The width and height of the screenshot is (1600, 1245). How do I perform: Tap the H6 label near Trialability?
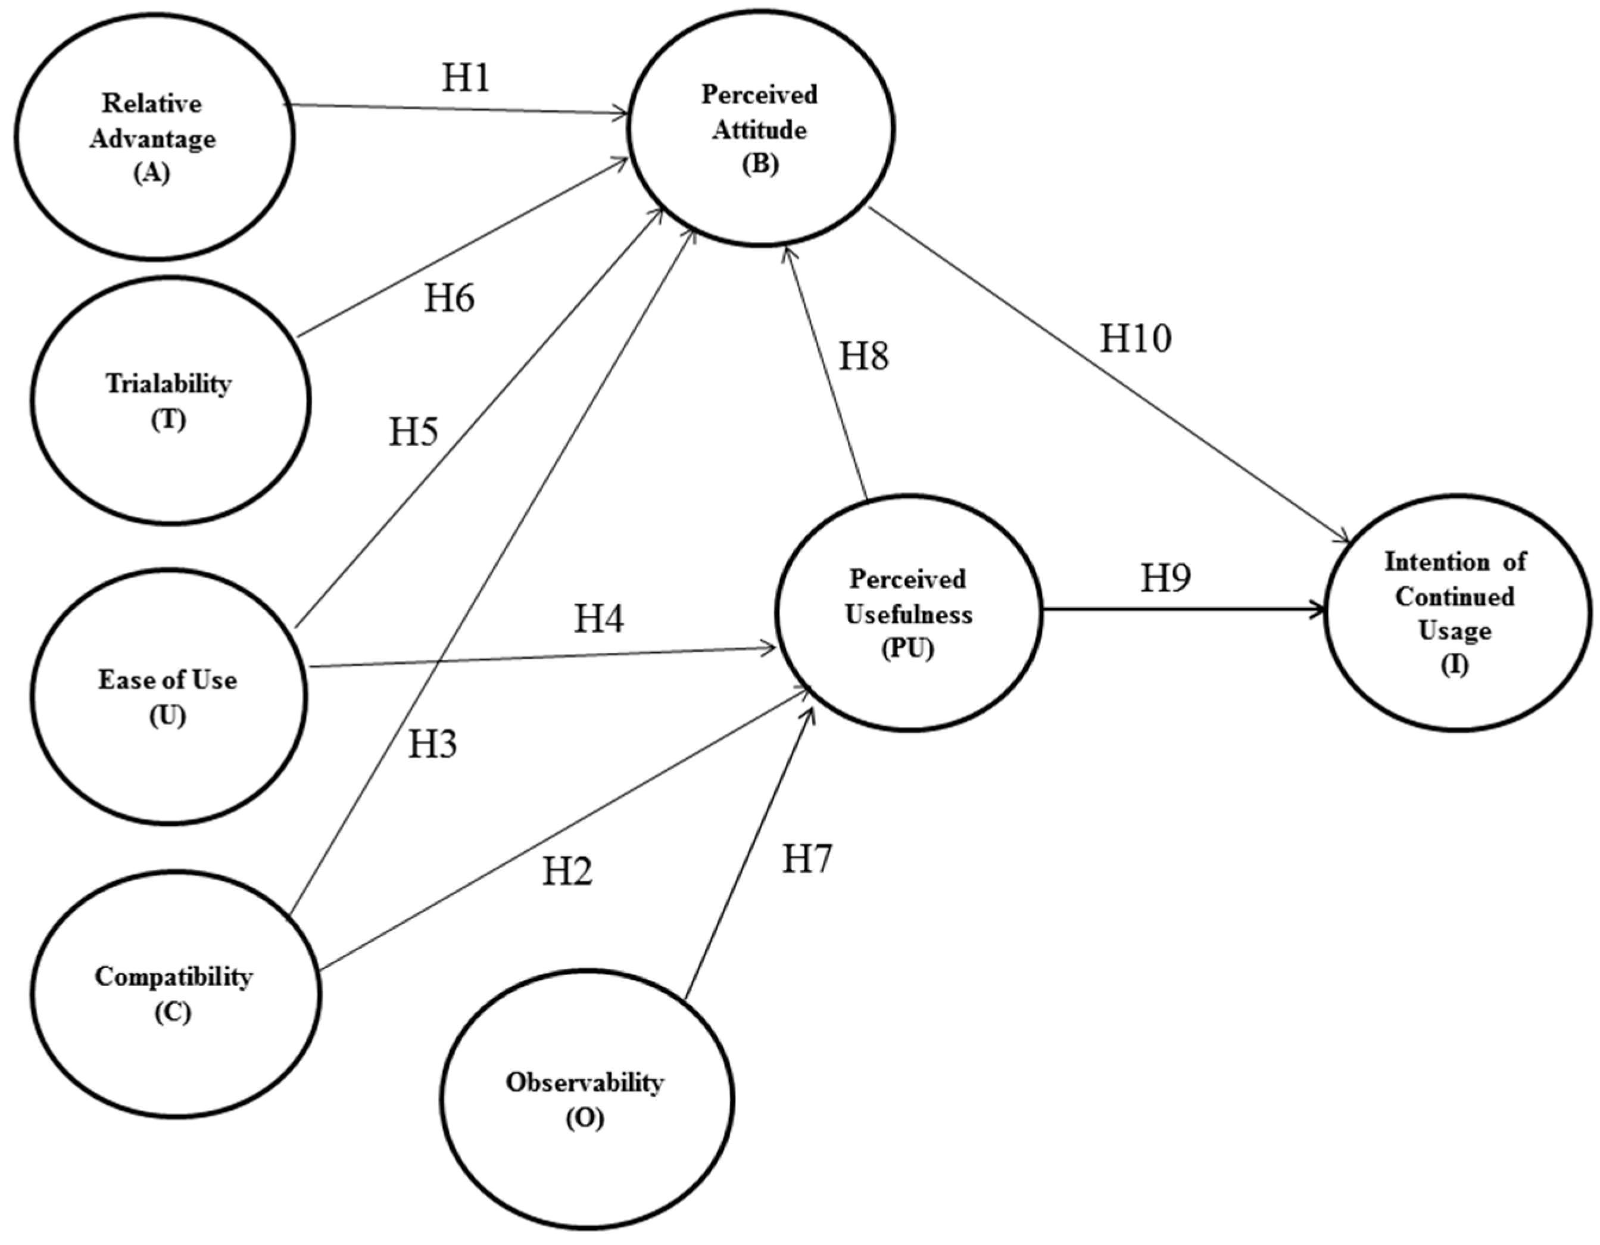click(449, 298)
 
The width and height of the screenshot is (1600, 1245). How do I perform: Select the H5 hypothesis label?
click(413, 432)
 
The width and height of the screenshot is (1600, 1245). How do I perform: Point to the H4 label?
click(598, 618)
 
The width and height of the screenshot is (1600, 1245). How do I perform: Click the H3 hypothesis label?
click(432, 745)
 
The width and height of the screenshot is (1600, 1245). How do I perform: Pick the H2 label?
click(567, 872)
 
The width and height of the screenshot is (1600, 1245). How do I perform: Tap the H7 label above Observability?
click(807, 859)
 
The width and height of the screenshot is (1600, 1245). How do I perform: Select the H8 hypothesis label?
click(864, 356)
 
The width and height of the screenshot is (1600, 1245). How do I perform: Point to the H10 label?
click(1136, 338)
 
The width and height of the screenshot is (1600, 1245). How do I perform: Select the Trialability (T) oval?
click(170, 400)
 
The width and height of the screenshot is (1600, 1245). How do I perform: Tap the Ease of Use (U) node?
click(169, 696)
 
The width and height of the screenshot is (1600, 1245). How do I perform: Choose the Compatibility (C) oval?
click(174, 994)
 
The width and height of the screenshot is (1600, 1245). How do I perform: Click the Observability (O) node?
click(586, 1099)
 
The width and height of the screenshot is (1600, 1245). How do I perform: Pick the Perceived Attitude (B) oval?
click(760, 128)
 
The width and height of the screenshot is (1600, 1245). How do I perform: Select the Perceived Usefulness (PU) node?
click(909, 614)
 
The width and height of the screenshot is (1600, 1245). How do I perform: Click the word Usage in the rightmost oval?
click(1454, 631)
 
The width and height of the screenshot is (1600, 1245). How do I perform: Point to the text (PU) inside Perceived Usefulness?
click(909, 649)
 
